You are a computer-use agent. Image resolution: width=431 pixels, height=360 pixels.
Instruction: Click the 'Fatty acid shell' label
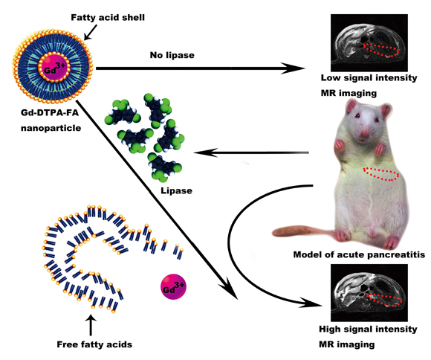pos(108,18)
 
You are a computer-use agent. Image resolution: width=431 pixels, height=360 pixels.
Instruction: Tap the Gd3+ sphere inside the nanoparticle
pos(54,68)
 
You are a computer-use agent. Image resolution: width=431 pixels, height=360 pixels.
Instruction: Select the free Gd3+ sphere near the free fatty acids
pos(173,286)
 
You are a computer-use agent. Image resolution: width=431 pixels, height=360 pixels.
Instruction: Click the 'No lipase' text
pos(172,55)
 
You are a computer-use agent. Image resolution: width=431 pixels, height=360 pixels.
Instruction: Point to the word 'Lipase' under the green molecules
pos(176,190)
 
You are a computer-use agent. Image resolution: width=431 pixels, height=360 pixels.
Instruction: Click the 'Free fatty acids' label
pos(94,344)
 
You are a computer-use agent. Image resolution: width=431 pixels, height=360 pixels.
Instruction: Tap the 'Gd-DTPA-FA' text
pos(50,113)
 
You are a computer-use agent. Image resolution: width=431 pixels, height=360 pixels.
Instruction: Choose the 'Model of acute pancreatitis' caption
pos(359,254)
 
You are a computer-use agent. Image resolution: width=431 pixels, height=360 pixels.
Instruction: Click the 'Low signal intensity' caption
pos(369,78)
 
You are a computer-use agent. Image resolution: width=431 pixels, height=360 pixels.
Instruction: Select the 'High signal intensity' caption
pos(368,330)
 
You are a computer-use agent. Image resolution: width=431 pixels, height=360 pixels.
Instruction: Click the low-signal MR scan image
pos(369,42)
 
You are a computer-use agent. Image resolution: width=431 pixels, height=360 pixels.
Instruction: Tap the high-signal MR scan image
pos(369,293)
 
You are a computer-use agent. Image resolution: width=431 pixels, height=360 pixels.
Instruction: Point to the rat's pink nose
pos(365,135)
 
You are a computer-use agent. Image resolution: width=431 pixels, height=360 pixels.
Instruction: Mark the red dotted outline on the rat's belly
pos(380,174)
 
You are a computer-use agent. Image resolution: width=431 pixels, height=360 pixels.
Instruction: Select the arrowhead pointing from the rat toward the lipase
pos(206,152)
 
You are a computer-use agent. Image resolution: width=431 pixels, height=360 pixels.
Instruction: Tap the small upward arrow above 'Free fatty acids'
pos(91,325)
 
